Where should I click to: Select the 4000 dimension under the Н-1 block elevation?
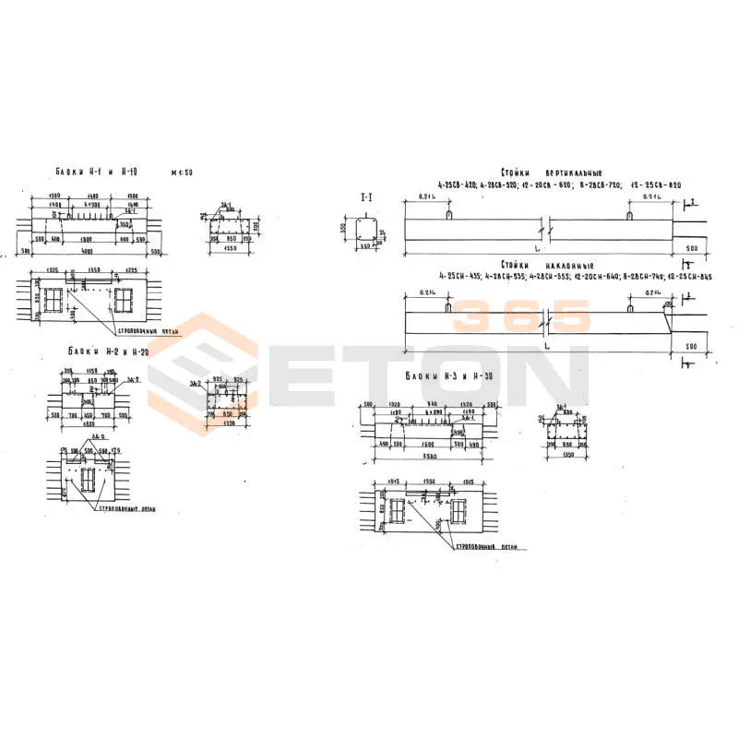tap(86, 251)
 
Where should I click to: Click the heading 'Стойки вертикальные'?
tap(551, 173)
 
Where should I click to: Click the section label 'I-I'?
tap(365, 197)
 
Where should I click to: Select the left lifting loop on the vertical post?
tap(447, 214)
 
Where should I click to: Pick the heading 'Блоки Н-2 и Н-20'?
tap(103, 351)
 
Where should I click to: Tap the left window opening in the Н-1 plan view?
tap(53, 300)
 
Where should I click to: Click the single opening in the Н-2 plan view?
tap(89, 480)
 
